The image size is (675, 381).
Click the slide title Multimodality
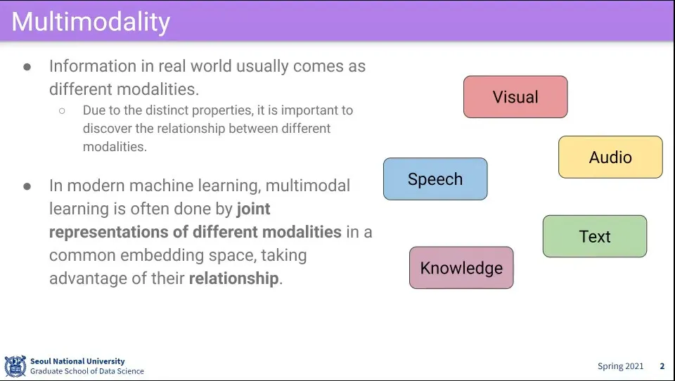click(91, 22)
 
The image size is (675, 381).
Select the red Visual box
click(515, 97)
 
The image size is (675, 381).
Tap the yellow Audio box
click(610, 157)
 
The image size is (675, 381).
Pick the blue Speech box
click(435, 179)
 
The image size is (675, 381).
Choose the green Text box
click(595, 236)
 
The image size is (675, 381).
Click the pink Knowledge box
click(461, 268)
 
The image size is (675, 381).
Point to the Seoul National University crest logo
click(15, 366)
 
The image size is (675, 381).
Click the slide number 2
click(662, 366)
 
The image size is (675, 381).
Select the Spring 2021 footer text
click(620, 366)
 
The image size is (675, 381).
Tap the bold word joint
click(254, 209)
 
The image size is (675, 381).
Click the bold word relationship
click(233, 278)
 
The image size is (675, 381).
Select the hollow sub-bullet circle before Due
click(62, 111)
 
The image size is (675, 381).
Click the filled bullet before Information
click(27, 67)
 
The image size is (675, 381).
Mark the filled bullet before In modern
click(27, 186)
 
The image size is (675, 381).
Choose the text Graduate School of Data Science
click(87, 371)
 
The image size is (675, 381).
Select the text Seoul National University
click(77, 361)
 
